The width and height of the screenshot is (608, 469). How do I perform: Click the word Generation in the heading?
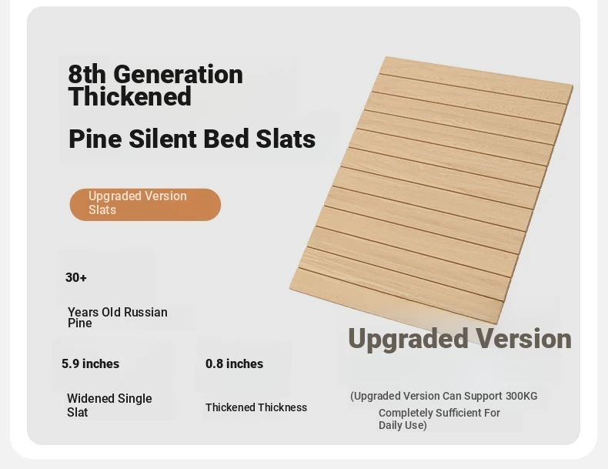179,74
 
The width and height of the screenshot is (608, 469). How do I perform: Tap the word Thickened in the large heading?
130,95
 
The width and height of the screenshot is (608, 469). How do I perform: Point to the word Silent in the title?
163,139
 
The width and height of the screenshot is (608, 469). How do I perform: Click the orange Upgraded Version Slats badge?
145,204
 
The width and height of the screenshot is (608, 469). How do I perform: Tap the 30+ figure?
76,277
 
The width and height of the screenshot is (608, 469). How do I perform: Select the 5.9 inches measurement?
90,363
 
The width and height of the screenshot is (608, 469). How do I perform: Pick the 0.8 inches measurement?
234,363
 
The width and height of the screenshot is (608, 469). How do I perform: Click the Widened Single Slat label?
109,405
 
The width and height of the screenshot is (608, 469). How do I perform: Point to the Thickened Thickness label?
256,407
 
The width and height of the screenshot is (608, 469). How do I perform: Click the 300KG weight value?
522,396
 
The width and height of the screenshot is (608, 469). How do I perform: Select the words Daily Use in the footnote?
402,425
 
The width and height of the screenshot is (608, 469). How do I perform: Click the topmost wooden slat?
477,80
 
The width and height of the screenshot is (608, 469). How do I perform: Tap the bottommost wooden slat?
396,296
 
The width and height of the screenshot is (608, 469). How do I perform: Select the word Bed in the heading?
226,139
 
